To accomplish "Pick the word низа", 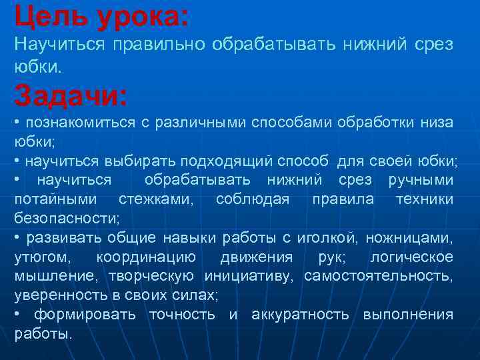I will [x=437, y=123].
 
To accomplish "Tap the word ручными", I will [x=421, y=181].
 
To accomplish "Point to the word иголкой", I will [x=319, y=238].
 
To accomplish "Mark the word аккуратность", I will [x=299, y=315].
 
